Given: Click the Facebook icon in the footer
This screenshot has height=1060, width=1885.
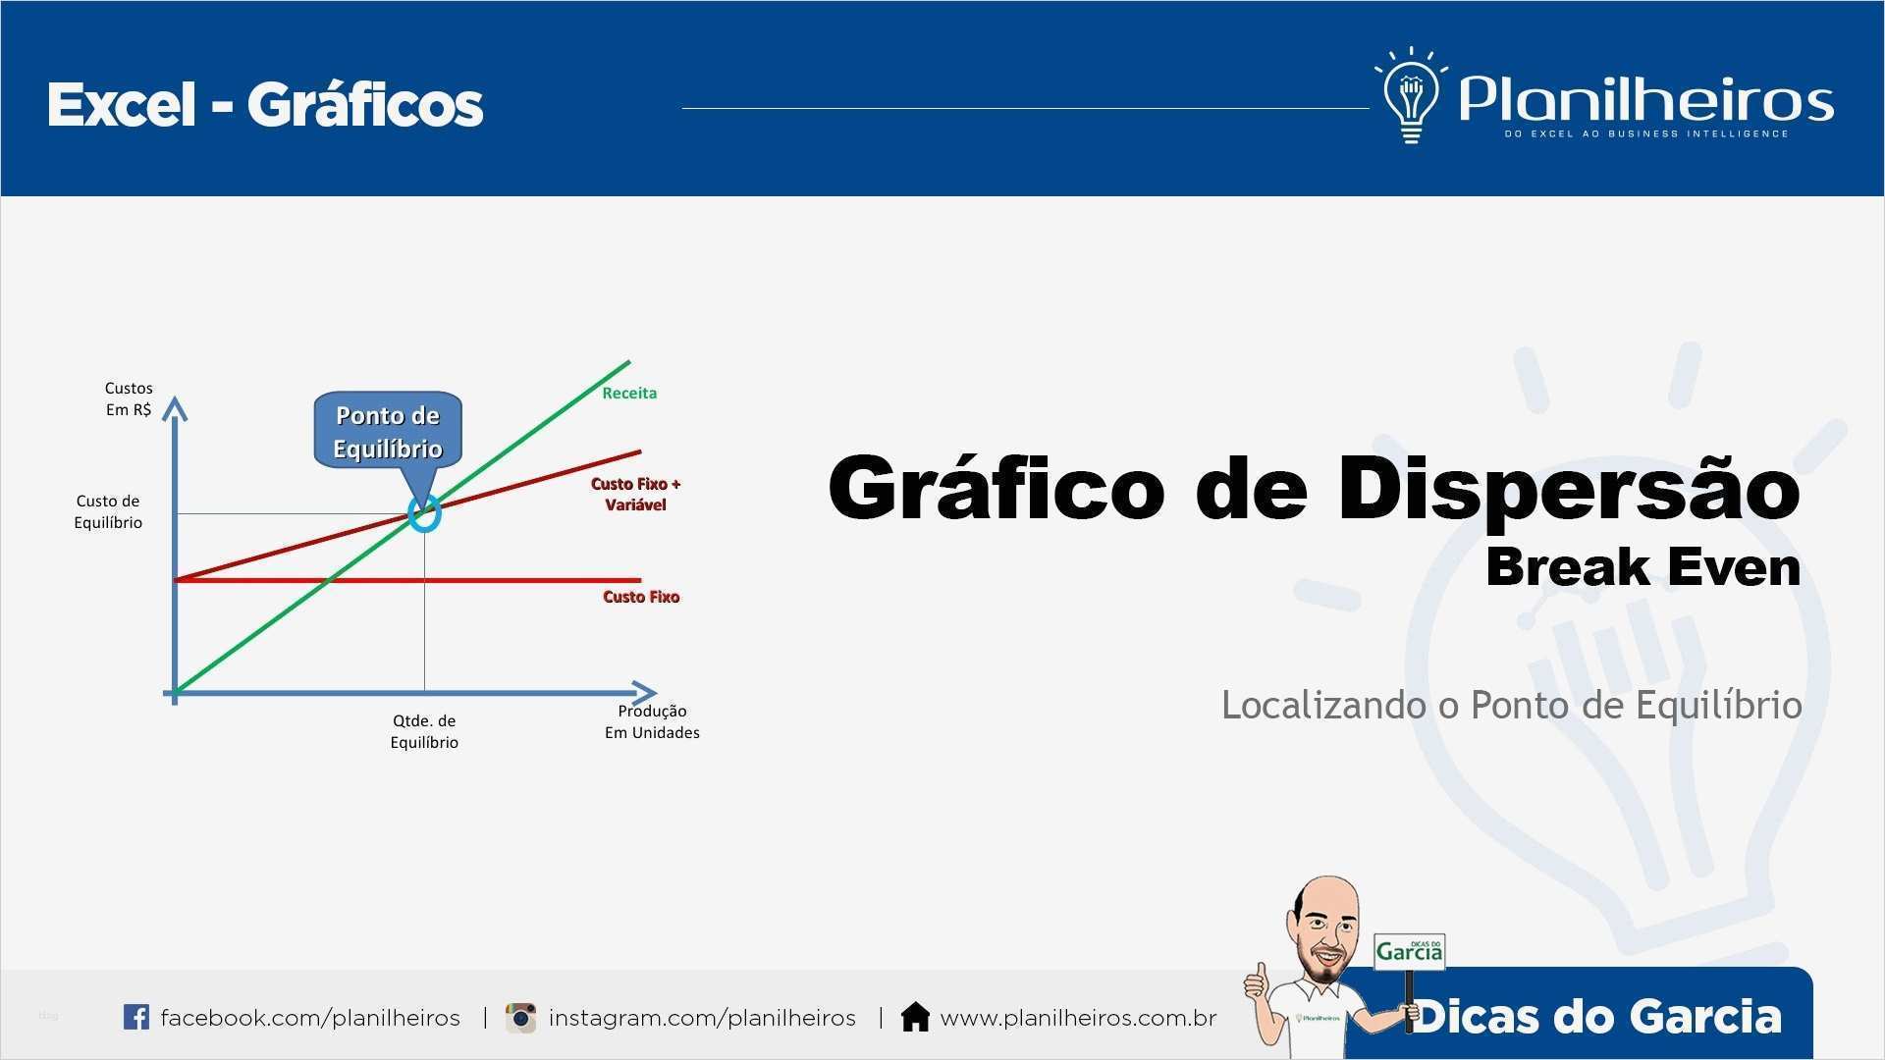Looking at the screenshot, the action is [136, 1017].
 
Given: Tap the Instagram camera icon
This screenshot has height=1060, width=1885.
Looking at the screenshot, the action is [520, 1018].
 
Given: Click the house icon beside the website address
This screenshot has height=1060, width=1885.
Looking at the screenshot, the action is [915, 1017].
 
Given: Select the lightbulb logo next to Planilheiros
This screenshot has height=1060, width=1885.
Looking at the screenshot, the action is [1411, 96].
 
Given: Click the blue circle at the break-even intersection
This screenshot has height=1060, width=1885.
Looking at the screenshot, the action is [424, 511].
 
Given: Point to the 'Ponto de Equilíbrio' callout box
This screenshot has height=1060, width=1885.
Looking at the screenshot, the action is [388, 432].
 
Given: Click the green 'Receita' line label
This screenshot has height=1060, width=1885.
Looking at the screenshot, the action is [629, 393].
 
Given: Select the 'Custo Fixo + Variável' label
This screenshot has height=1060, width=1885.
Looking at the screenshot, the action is [635, 494].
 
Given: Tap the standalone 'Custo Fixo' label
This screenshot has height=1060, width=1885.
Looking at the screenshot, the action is [641, 597].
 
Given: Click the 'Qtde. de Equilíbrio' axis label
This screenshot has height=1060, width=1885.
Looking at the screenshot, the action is [424, 731].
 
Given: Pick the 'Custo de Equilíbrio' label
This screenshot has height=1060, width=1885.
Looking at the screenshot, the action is [108, 511].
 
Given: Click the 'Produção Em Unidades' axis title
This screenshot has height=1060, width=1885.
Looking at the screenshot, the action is [652, 721].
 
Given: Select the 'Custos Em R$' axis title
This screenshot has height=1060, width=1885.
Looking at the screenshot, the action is [129, 398].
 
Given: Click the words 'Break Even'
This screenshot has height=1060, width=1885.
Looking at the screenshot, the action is [1643, 567].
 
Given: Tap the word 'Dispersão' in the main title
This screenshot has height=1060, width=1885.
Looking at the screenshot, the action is [1569, 488].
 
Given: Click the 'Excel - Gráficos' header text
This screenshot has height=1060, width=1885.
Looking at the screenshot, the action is [265, 105].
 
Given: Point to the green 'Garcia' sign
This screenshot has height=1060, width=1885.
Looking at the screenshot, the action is [1410, 951].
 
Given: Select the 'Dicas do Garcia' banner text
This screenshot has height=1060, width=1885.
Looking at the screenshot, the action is [1596, 1016].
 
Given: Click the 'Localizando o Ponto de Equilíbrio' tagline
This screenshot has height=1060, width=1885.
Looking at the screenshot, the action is [1511, 706].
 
